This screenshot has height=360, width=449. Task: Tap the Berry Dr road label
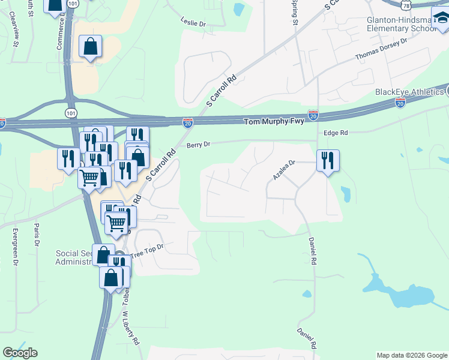pyautogui.click(x=198, y=145)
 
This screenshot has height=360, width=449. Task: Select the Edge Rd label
pyautogui.click(x=336, y=133)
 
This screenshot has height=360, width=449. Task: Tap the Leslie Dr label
pyautogui.click(x=193, y=22)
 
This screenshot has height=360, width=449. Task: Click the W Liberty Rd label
pyautogui.click(x=131, y=328)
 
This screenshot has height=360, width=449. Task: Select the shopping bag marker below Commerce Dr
pyautogui.click(x=90, y=46)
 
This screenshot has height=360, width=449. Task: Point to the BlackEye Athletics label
pyautogui.click(x=409, y=92)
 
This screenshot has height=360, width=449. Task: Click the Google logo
pyautogui.click(x=20, y=353)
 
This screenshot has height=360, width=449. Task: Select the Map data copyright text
pyautogui.click(x=411, y=355)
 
